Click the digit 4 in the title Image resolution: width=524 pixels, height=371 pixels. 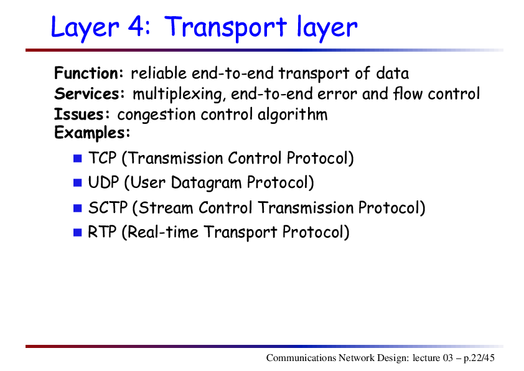pos(136,26)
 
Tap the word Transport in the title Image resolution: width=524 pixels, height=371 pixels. pos(225,28)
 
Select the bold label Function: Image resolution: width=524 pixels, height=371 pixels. pos(89,73)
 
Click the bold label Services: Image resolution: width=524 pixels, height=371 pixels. pos(89,93)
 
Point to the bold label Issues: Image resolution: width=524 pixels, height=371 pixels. pos(82,115)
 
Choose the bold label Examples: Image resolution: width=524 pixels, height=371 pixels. pos(92,133)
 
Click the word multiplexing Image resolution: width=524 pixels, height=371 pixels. pos(177,94)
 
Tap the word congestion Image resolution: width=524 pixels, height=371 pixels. pos(156,115)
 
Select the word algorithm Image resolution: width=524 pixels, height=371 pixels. pos(292,115)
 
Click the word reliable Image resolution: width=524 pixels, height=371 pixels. pos(159,73)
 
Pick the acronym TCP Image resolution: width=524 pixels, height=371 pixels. pos(102,157)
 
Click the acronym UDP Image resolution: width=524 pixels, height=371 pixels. pos(103,182)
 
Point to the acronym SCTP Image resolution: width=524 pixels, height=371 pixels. pos(108,207)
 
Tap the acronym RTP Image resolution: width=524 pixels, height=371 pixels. pos(102,232)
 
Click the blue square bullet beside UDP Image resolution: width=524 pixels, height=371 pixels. pos(78,183)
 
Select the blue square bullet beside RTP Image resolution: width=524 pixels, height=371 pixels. pos(78,232)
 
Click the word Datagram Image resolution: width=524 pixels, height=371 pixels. pos(206,183)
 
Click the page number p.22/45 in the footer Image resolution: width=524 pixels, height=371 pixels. pos(479,359)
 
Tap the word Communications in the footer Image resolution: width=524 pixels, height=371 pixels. pos(301,358)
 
